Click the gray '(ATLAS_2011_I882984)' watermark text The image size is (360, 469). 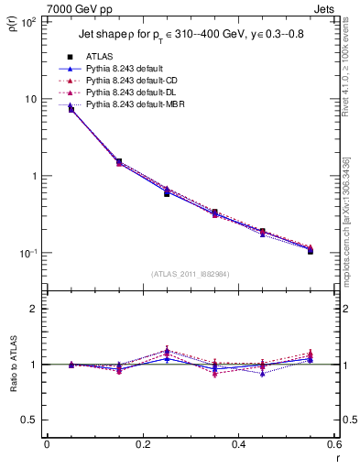tap(190, 273)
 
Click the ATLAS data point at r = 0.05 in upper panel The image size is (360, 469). tap(71, 109)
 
